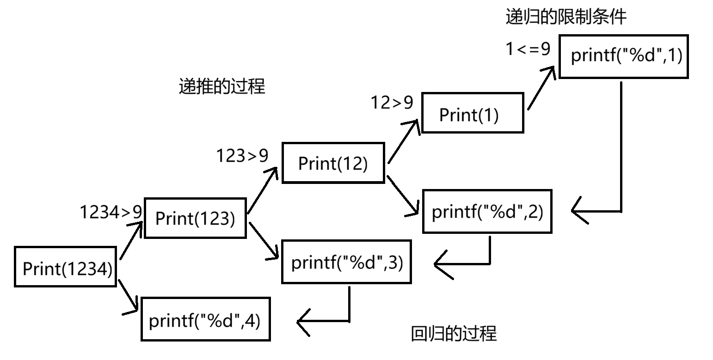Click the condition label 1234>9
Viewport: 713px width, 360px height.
pyautogui.click(x=111, y=212)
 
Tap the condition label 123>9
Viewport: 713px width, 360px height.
pyautogui.click(x=242, y=156)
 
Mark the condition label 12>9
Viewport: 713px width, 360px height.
pyautogui.click(x=392, y=103)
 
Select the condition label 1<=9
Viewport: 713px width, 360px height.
pyautogui.click(x=528, y=49)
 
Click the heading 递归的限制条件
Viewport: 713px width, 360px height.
pyautogui.click(x=566, y=17)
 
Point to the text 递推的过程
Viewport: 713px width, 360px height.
pyautogui.click(x=222, y=86)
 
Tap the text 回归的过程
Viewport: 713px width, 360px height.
pyautogui.click(x=454, y=334)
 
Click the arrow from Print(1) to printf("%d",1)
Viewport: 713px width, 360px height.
pyautogui.click(x=541, y=88)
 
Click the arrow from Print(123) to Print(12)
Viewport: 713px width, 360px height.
pyautogui.click(x=263, y=190)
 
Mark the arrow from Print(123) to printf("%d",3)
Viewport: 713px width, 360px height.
pyautogui.click(x=264, y=241)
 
